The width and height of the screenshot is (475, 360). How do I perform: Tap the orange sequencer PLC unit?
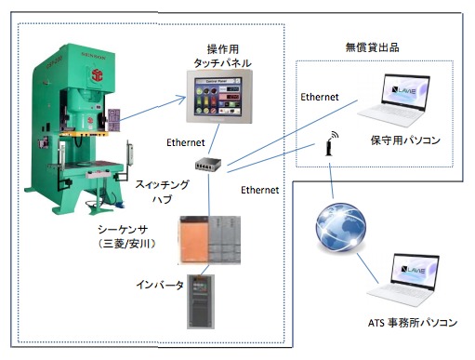tap(191, 240)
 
